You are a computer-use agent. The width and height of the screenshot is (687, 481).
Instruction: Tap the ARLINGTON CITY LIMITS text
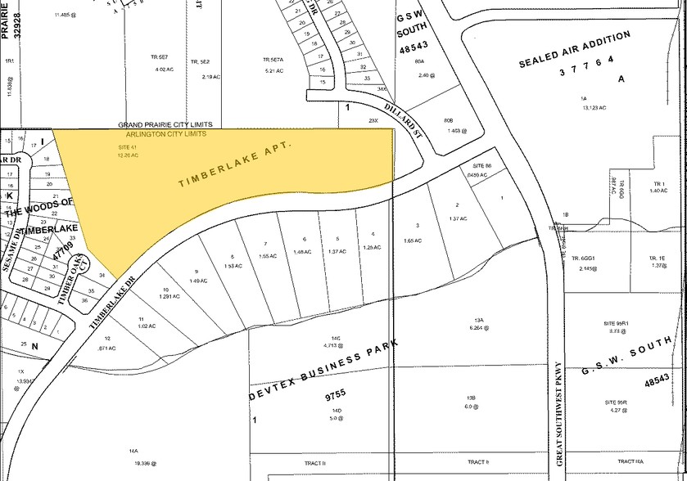[x=165, y=133]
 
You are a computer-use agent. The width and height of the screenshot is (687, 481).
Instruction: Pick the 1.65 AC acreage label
[x=413, y=240]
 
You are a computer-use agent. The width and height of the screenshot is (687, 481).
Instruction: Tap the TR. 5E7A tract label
[x=273, y=61]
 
